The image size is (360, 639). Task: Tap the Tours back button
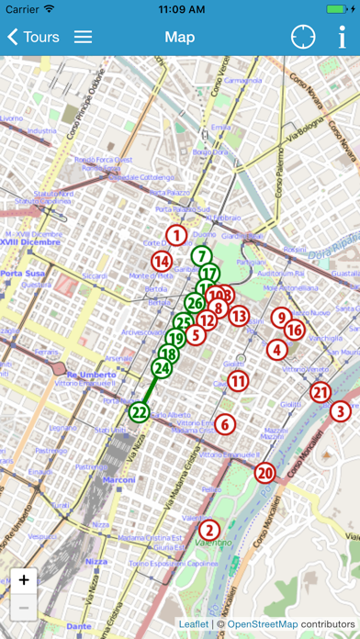click(x=33, y=38)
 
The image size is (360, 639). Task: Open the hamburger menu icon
click(x=83, y=38)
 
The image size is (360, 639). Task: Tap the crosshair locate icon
click(x=303, y=38)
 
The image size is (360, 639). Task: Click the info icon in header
click(x=342, y=38)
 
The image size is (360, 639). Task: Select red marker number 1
click(x=175, y=236)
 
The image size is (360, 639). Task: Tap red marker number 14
click(x=162, y=261)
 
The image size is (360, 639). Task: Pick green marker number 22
click(x=140, y=412)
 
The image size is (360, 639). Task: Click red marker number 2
click(x=209, y=529)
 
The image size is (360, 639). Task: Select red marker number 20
click(x=265, y=474)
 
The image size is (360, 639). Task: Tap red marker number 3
click(x=341, y=411)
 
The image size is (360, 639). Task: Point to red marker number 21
click(x=320, y=393)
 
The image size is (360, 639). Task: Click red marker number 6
click(x=225, y=424)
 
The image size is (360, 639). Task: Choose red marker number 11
click(x=238, y=381)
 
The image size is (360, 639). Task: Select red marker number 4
click(x=276, y=349)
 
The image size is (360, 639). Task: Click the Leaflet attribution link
click(x=194, y=624)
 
